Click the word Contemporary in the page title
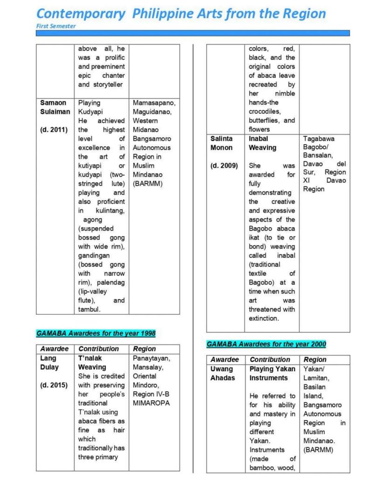[81, 13]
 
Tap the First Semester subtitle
[55, 26]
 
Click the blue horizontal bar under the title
[193, 33]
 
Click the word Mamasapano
[154, 103]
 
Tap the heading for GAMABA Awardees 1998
[96, 333]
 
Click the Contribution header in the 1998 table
[98, 349]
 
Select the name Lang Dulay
[49, 362]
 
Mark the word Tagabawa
[319, 139]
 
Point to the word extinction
[263, 318]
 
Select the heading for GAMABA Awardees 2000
[266, 344]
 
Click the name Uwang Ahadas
[223, 373]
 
